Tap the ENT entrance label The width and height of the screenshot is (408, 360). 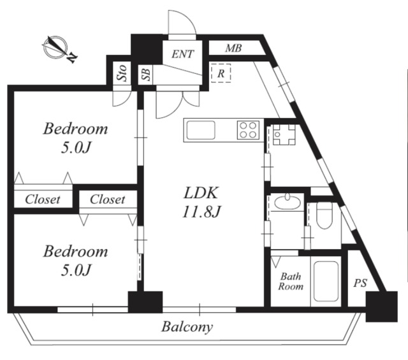coord(183,54)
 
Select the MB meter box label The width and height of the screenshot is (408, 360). coord(233,48)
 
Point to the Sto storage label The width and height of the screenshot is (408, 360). coord(122,73)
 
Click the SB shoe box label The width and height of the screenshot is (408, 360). coord(146,75)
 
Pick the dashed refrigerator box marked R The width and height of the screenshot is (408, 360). coord(221,73)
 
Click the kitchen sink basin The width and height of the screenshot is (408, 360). coord(201,130)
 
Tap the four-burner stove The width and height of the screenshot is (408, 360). coord(248,130)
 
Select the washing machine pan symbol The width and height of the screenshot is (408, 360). coord(284,134)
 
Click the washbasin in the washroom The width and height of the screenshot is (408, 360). coord(288,202)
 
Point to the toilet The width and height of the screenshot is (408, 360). coord(324,215)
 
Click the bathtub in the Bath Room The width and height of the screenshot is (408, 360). coord(326,281)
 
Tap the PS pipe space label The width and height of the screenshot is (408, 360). coord(360,283)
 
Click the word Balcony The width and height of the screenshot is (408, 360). coord(187,327)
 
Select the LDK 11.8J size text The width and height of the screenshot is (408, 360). coord(201,212)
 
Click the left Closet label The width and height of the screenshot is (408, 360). coord(43,199)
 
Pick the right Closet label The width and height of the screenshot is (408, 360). coord(108,199)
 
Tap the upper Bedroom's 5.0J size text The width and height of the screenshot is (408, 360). coord(76,148)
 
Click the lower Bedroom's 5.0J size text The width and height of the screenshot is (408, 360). coord(76,270)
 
